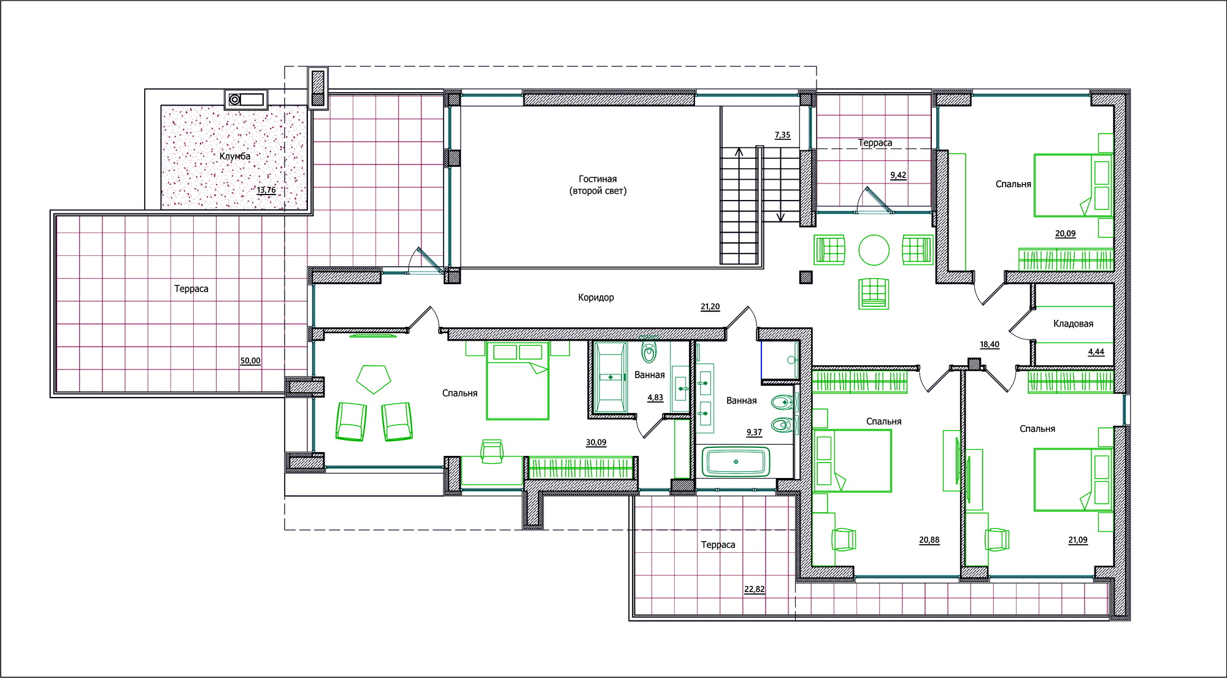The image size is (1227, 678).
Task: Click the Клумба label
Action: [x=235, y=156]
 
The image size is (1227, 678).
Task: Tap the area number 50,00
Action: [x=250, y=361]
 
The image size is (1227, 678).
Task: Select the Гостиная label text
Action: [x=598, y=179]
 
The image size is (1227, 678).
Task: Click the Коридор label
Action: [x=596, y=298]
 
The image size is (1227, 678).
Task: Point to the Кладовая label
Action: [x=1073, y=323]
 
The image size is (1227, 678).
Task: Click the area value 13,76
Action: [x=266, y=190]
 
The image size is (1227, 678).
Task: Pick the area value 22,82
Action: [x=755, y=590]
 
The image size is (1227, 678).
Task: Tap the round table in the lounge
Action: [x=874, y=250]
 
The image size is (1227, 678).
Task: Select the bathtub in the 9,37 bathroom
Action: [x=735, y=461]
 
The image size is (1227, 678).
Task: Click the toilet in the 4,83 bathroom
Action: [x=649, y=351]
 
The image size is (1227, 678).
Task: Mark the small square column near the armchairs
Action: [x=806, y=277]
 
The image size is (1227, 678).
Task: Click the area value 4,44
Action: [x=1096, y=352]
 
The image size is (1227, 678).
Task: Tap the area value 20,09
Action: [x=1065, y=234]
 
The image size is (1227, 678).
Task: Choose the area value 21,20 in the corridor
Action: [x=710, y=307]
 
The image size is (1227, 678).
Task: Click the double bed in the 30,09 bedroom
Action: [x=517, y=380]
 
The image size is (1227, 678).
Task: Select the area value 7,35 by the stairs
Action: [x=782, y=135]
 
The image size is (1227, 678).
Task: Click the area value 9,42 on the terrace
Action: [x=898, y=175]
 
